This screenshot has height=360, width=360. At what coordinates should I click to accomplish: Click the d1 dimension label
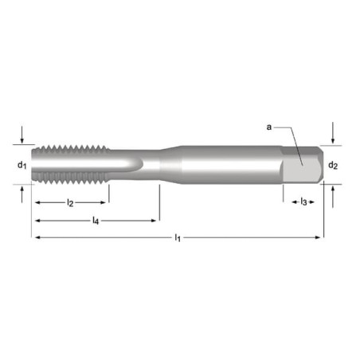pyautogui.click(x=22, y=166)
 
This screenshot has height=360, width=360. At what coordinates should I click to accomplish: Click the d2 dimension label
pyautogui.click(x=333, y=166)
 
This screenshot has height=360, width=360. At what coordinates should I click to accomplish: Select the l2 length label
pyautogui.click(x=70, y=203)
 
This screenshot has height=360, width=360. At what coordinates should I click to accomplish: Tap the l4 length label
pyautogui.click(x=96, y=221)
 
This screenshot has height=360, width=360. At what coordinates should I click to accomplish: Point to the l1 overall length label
pyautogui.click(x=178, y=237)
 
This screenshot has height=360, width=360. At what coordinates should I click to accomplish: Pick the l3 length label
pyautogui.click(x=303, y=202)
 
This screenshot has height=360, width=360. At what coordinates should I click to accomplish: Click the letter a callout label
pyautogui.click(x=269, y=127)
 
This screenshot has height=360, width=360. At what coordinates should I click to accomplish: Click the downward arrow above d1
pyautogui.click(x=22, y=135)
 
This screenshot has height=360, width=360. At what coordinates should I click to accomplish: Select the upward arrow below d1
pyautogui.click(x=22, y=194)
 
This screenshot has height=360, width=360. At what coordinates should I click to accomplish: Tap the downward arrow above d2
pyautogui.click(x=333, y=133)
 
